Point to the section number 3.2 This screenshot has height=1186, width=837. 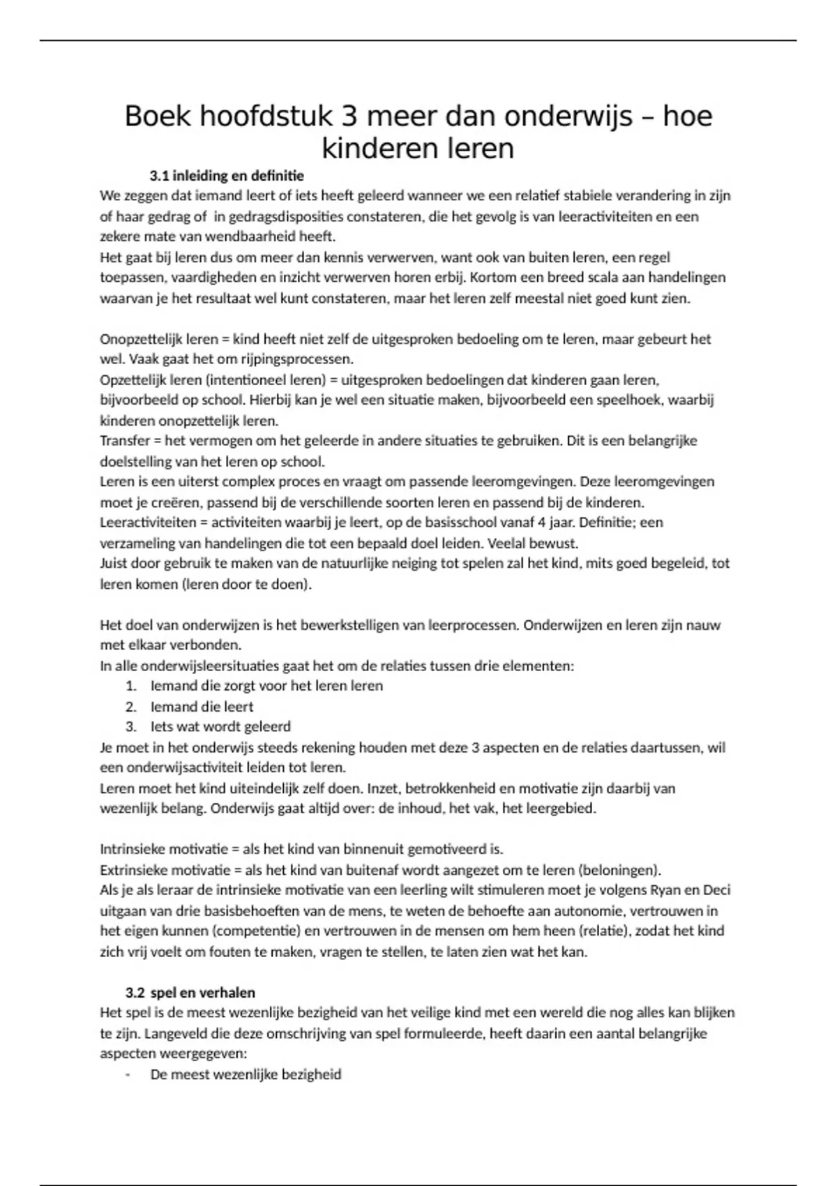135,993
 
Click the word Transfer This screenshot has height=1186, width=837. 123,441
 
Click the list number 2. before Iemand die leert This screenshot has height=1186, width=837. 131,707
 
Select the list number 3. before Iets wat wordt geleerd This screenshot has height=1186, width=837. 131,727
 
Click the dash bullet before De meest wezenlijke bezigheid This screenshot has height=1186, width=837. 128,1074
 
